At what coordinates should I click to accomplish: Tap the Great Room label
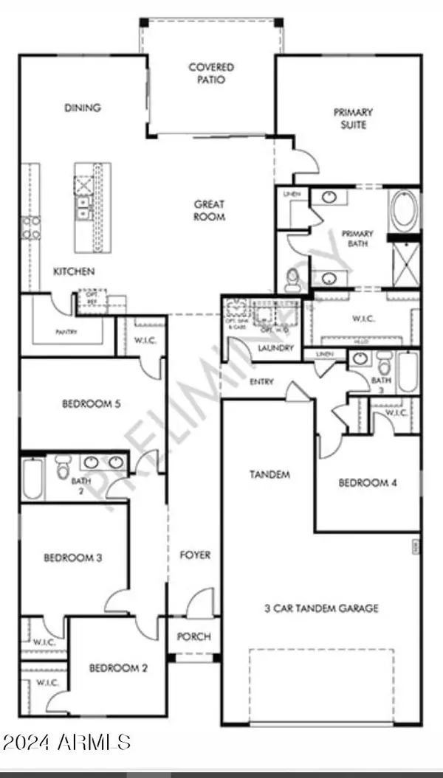210,210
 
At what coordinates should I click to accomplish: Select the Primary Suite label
352,118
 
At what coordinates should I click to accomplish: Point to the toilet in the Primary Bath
292,279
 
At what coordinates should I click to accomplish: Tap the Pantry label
68,331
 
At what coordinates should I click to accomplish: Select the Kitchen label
74,272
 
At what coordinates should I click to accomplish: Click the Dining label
83,108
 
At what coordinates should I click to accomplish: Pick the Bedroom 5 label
92,404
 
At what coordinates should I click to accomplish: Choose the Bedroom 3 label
72,558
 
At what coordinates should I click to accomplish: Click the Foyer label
195,555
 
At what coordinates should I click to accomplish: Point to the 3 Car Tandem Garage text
321,608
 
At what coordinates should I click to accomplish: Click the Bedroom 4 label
368,483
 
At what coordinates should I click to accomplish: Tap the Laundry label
276,348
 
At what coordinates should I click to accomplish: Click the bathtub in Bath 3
407,372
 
